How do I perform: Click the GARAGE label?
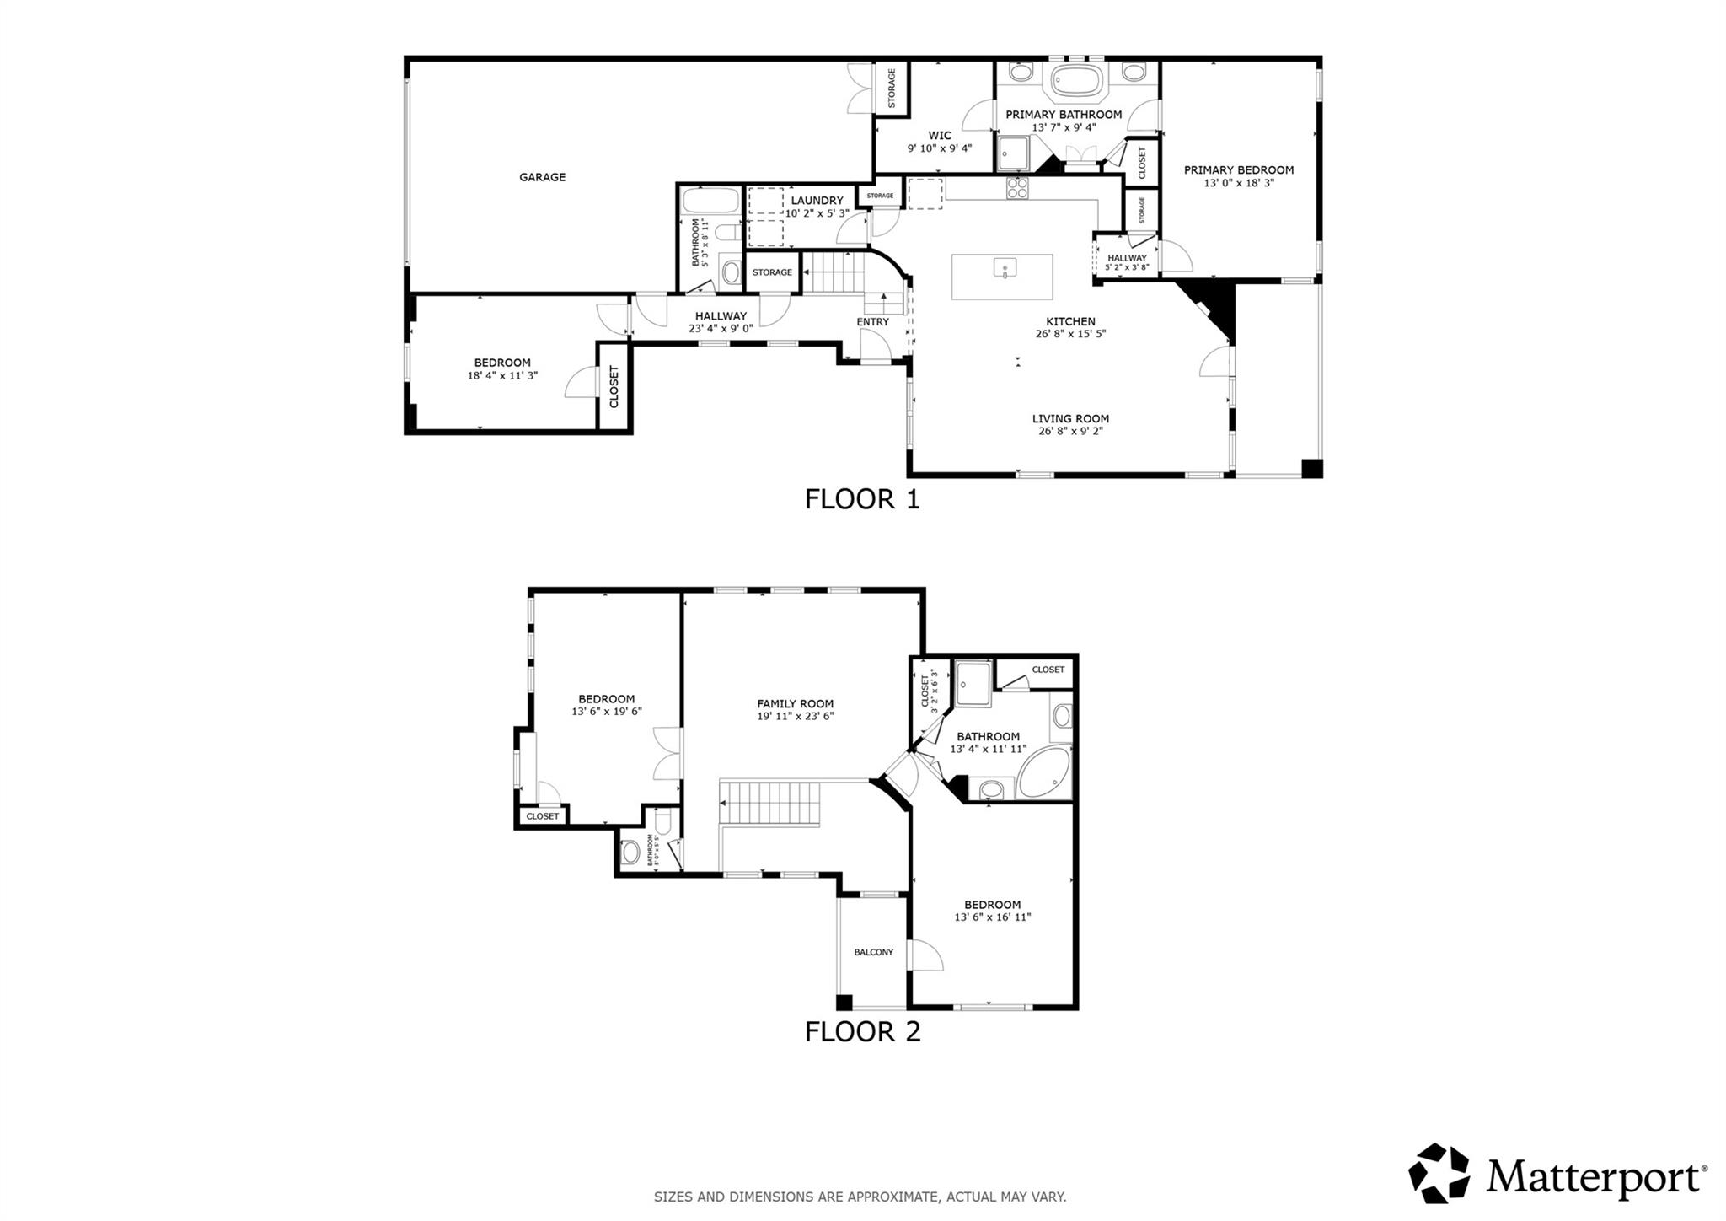(x=542, y=177)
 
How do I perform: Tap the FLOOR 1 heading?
(x=861, y=499)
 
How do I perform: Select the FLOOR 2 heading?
(x=861, y=1031)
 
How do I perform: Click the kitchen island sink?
(x=1005, y=268)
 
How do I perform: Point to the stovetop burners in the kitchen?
(x=1017, y=187)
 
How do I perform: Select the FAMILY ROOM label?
(x=795, y=703)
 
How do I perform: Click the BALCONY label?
(x=873, y=952)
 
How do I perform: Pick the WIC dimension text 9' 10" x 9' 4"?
(x=939, y=148)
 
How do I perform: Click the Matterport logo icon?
(x=1439, y=1173)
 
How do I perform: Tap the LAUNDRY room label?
(x=817, y=201)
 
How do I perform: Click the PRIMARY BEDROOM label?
(x=1238, y=170)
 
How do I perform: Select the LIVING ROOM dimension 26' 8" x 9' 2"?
(x=1070, y=431)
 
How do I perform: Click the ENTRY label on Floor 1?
(x=872, y=321)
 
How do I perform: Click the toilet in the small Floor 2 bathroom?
(x=630, y=852)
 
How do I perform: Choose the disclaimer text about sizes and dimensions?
(x=860, y=1197)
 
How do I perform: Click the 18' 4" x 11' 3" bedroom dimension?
(x=502, y=375)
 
